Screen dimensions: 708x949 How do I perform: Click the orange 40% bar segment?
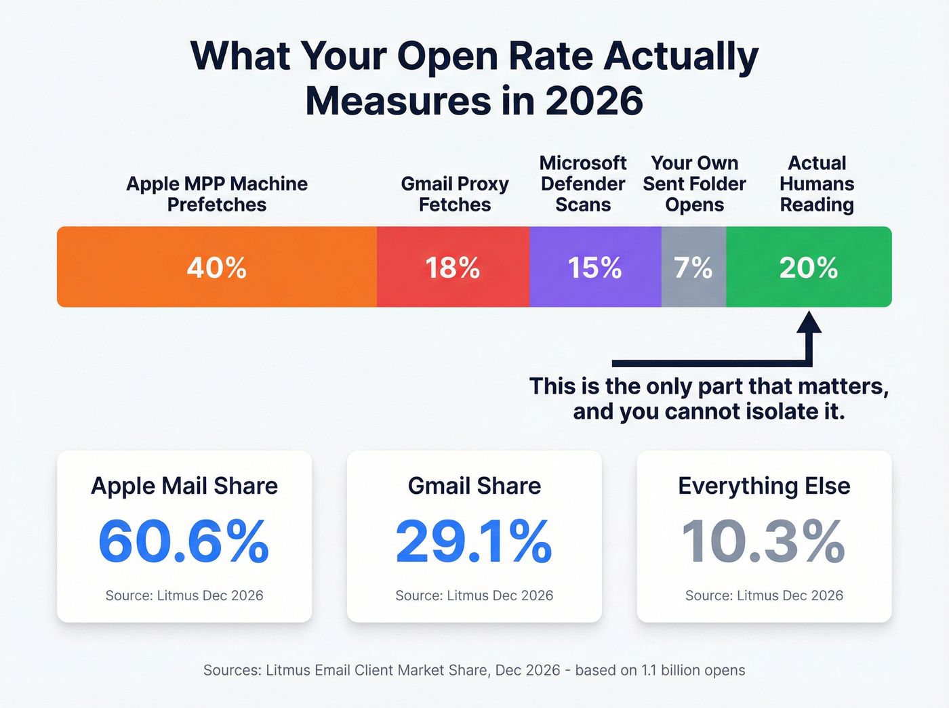[x=217, y=267]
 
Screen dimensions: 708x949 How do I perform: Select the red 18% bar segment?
[x=453, y=267]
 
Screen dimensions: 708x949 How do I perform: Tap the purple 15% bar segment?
[x=594, y=267]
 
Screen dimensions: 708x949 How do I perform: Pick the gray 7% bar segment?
[x=693, y=267]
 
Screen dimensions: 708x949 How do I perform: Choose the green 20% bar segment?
[x=808, y=267]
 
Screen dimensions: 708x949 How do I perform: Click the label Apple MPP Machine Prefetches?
[x=217, y=194]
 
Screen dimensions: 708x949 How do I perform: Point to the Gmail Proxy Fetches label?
[x=455, y=194]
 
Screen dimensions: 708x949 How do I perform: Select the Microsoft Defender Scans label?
[x=583, y=184]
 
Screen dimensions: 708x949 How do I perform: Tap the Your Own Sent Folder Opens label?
[x=694, y=184]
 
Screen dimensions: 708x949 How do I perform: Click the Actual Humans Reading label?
[x=817, y=184]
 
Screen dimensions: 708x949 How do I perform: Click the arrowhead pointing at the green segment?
[x=809, y=323]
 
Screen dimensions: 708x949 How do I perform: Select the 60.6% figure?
[x=184, y=541]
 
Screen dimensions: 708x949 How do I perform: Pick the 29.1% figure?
[x=474, y=541]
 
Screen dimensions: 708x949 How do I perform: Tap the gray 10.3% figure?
[x=764, y=541]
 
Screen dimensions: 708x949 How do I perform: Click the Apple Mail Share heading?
[x=184, y=486]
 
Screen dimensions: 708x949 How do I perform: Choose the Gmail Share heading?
[x=474, y=486]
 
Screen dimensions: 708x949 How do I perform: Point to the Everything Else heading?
[x=764, y=486]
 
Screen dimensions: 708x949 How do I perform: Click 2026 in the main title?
[x=594, y=101]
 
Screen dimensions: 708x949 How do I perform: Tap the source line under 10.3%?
[x=764, y=596]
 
